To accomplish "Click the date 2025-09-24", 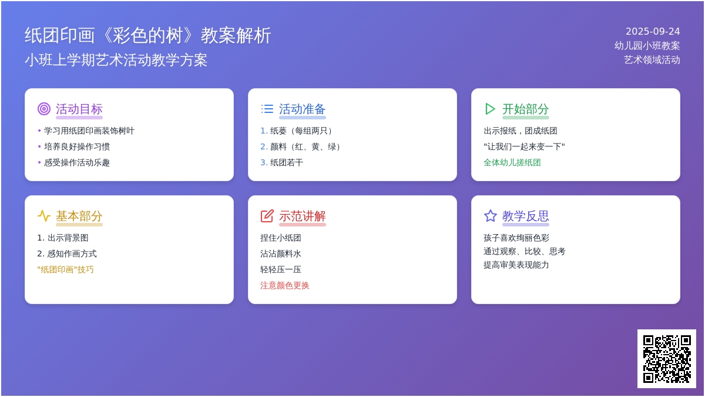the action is click(x=653, y=32).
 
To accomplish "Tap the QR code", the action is click(x=667, y=359).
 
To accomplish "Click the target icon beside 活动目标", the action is click(x=43, y=109).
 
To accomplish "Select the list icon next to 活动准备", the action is click(x=267, y=109).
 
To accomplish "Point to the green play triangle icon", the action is click(x=490, y=109).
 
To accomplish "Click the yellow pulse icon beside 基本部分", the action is click(x=43, y=216).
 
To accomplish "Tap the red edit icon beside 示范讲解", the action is click(x=267, y=216).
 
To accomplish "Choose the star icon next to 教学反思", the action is click(x=490, y=216).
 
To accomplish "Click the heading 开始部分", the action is click(x=525, y=109).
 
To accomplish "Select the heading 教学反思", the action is click(x=525, y=216).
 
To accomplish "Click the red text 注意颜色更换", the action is click(x=284, y=285).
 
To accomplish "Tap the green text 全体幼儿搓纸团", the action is click(x=512, y=162).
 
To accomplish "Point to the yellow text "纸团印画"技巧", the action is click(x=65, y=270).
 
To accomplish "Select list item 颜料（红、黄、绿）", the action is click(x=301, y=147).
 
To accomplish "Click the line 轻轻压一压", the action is click(x=281, y=270).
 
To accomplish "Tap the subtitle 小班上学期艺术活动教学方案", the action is click(x=116, y=60).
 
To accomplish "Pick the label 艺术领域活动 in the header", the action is click(x=652, y=60).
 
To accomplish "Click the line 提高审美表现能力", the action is click(x=516, y=265).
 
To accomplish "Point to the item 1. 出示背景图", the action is click(x=63, y=238).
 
